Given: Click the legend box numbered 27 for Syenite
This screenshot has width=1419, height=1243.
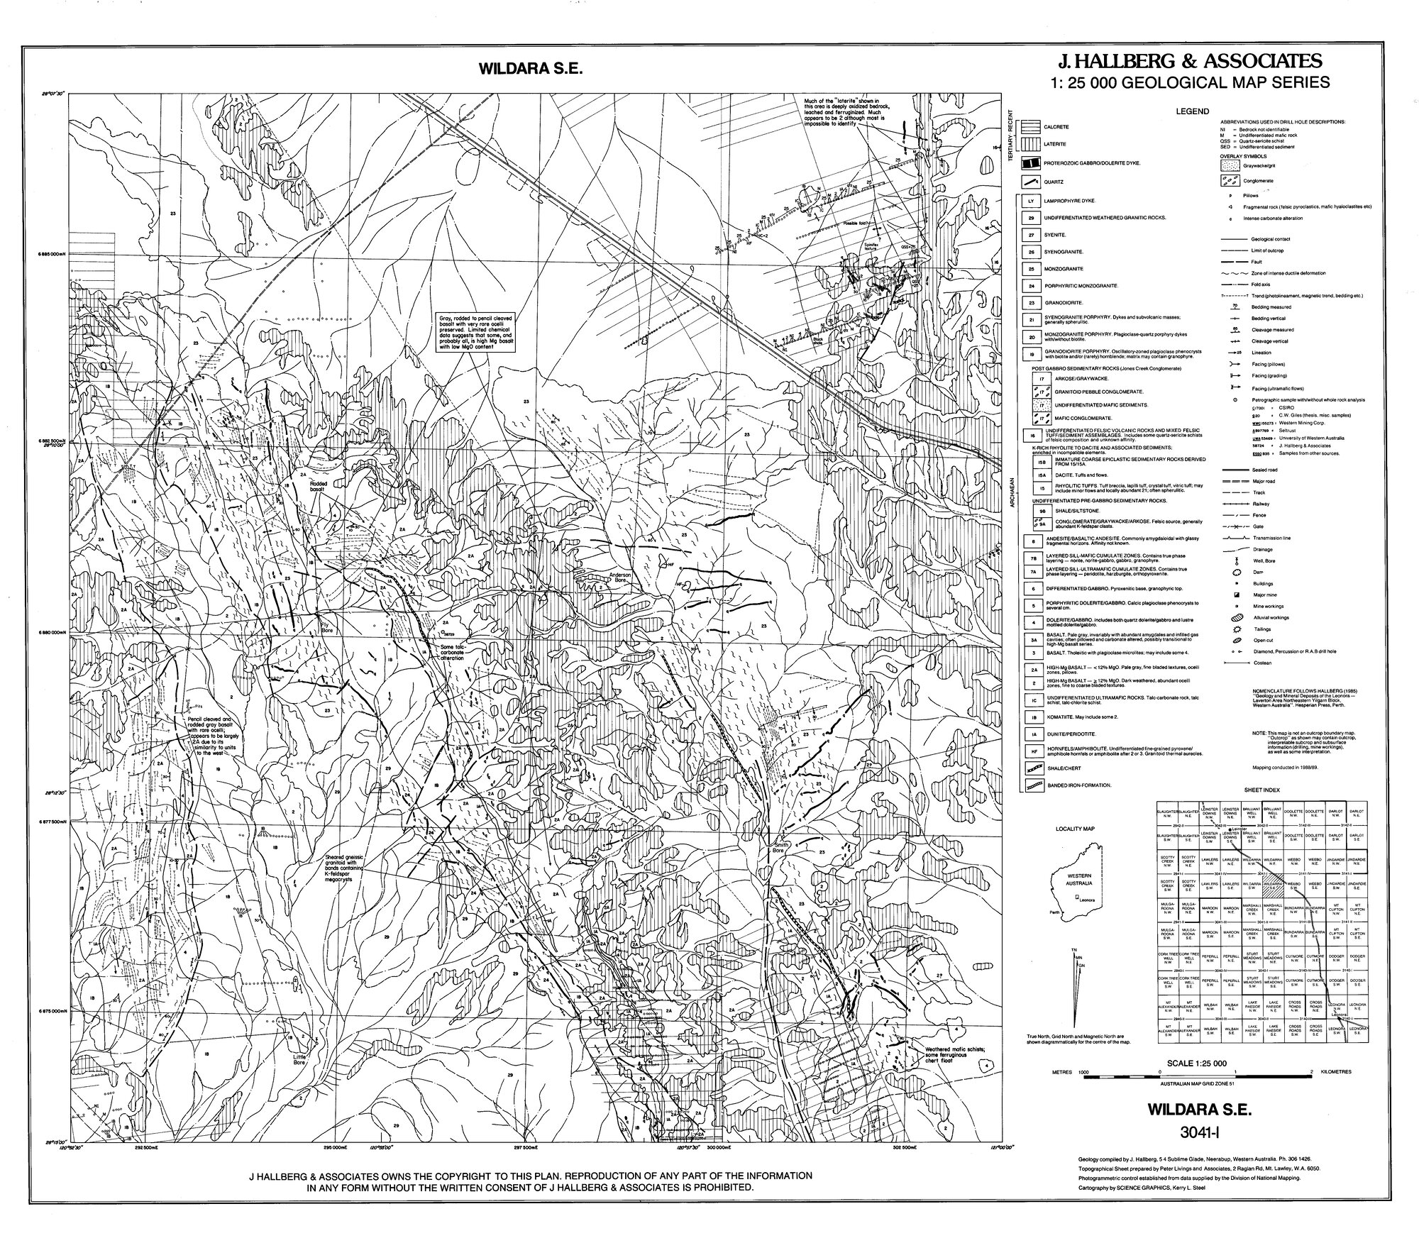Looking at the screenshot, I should tap(1030, 234).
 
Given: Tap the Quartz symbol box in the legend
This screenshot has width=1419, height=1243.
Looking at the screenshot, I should tap(1030, 182).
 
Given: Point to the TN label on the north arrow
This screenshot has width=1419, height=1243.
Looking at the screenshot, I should tap(1074, 949).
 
